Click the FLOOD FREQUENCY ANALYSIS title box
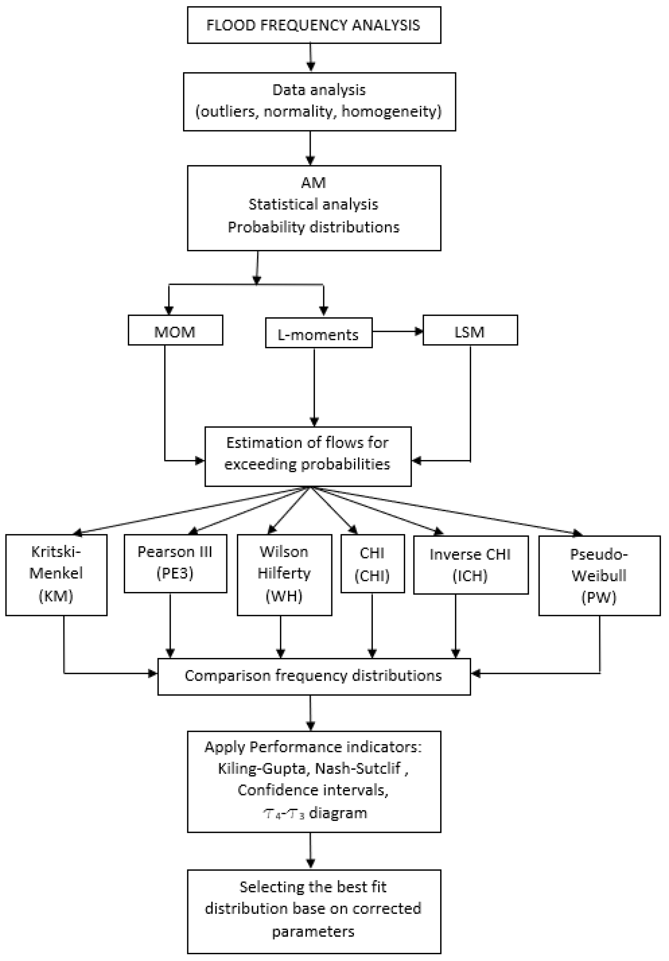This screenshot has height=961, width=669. pos(314,25)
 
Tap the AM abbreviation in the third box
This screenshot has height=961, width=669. pos(313,182)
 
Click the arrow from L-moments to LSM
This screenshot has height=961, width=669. pos(398,332)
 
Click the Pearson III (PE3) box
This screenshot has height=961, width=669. pos(175,563)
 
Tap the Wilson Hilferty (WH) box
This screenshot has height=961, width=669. pos(284,574)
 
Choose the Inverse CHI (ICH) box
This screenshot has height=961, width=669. pos(470,564)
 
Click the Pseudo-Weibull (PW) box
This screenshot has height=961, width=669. pos(599,575)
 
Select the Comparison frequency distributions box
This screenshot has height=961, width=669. pos(313,676)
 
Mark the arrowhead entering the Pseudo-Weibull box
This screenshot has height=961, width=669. pos(577,533)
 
